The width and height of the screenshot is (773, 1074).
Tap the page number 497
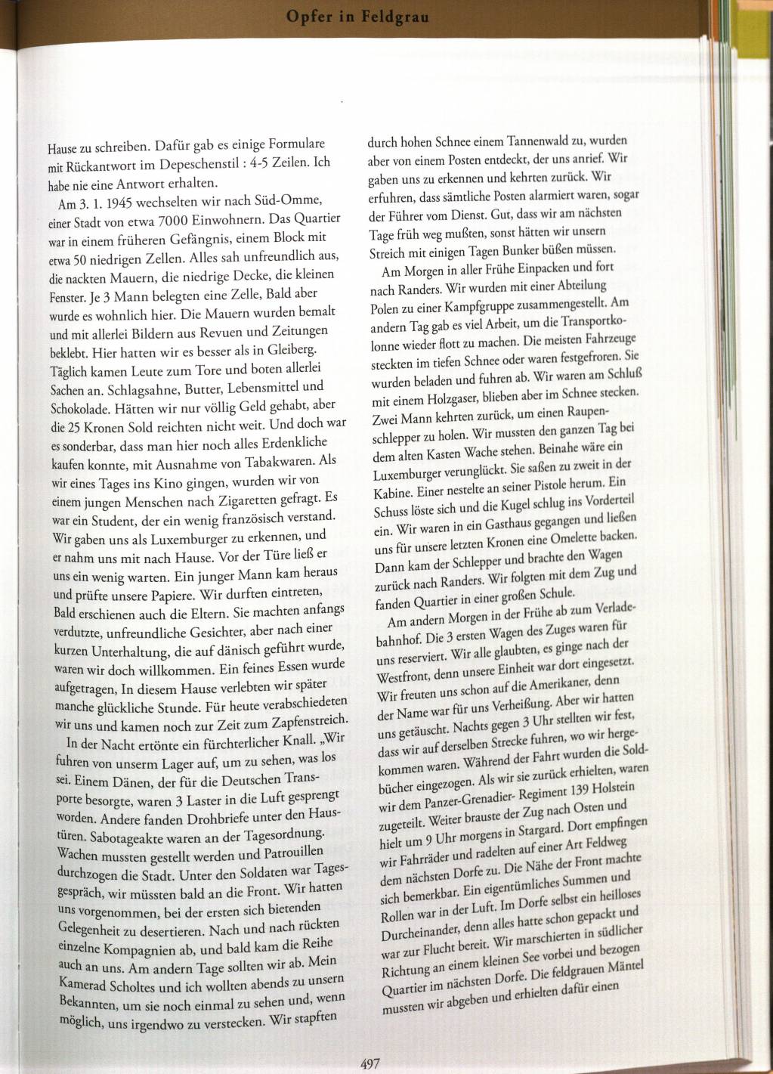tap(369, 1063)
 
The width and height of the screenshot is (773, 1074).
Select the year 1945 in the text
tap(124, 203)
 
